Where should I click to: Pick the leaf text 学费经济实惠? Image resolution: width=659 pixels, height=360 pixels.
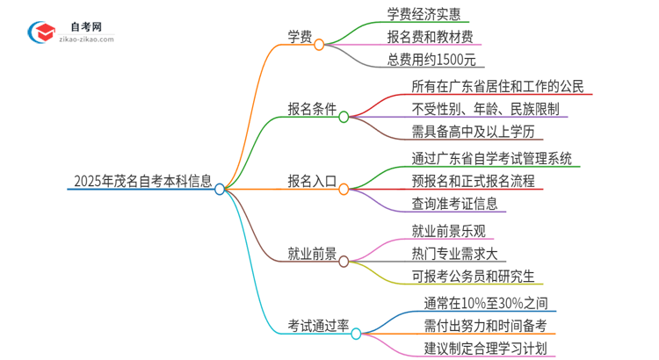coord(428,14)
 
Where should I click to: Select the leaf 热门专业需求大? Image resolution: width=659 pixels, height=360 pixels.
coord(453,253)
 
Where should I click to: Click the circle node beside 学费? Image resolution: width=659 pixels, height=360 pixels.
coord(319,44)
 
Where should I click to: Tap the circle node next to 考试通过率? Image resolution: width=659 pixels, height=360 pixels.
coord(356,333)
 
